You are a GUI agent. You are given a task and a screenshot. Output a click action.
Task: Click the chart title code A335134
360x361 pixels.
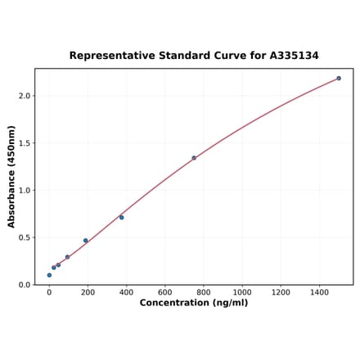[x=290, y=56]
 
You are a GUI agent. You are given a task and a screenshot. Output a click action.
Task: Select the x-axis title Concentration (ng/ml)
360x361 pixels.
[x=194, y=303]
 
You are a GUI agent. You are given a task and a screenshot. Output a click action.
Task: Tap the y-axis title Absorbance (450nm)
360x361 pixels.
[x=11, y=177]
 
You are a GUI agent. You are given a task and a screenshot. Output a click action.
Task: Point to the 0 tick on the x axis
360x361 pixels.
[x=49, y=291]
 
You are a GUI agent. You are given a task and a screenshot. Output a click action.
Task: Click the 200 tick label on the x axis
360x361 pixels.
[x=88, y=291]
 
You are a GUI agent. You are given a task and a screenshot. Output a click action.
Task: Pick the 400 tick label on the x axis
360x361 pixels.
[x=126, y=291]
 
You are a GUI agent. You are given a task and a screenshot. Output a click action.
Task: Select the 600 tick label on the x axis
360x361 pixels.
[x=164, y=291]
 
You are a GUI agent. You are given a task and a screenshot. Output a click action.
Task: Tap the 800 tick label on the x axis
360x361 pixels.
[x=203, y=291]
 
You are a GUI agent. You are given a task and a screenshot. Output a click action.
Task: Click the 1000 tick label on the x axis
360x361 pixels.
[x=241, y=291]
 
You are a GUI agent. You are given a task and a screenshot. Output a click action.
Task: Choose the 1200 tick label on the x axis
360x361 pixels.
[x=281, y=291]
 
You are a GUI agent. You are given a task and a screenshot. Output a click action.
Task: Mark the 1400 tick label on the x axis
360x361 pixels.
[x=319, y=291]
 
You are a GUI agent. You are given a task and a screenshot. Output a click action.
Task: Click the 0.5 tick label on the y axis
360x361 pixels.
[x=24, y=238]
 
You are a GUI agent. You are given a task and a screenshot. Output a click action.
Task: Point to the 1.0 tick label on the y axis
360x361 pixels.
[x=24, y=191]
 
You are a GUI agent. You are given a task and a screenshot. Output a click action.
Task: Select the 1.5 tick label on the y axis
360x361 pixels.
[x=24, y=143]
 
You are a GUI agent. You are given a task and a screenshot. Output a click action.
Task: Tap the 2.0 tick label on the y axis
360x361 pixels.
[x=24, y=96]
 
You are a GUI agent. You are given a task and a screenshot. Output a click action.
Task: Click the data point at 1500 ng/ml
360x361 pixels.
[x=339, y=79]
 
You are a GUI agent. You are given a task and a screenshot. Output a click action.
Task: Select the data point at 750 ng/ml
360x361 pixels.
[x=194, y=158]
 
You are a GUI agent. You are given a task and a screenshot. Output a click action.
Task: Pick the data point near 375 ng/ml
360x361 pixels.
[x=122, y=218]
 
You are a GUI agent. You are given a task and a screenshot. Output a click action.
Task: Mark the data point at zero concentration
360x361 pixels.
[x=49, y=275]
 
